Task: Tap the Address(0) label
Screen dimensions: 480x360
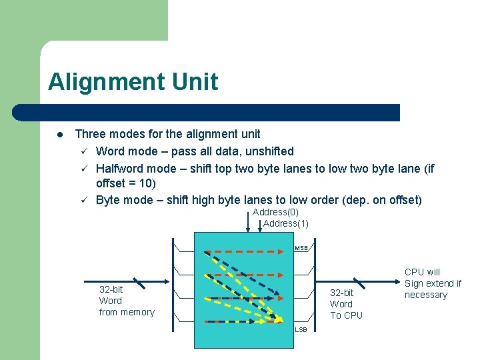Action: click(275, 212)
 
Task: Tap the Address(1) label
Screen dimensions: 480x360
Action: click(285, 223)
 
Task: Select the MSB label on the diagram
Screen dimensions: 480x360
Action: click(301, 248)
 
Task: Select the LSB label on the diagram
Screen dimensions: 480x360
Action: click(301, 329)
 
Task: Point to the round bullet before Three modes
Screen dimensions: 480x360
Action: click(59, 134)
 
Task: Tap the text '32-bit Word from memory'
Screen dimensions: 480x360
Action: click(126, 301)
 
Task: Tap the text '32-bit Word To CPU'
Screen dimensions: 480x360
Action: click(346, 304)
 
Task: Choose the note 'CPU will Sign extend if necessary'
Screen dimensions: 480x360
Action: click(433, 283)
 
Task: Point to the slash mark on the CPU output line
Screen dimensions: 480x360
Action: click(359, 284)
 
